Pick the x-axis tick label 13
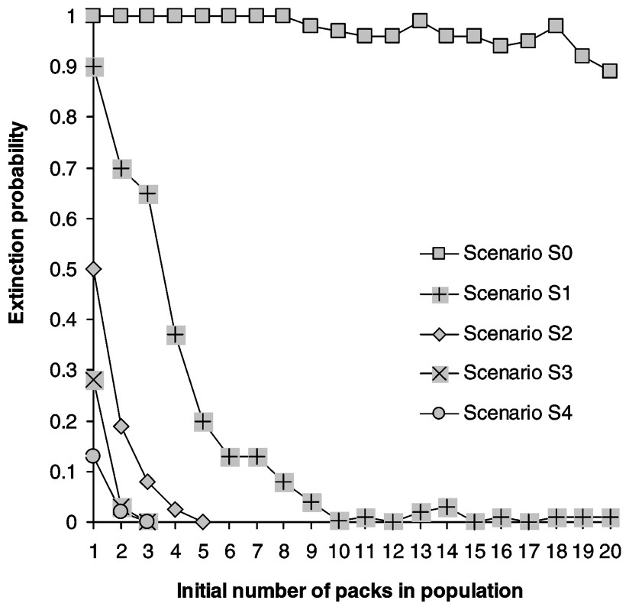tap(419, 547)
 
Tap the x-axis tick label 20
tap(609, 547)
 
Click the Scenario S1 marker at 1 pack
tap(94, 67)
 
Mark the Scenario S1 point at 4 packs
tap(176, 335)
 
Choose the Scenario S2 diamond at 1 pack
tap(94, 269)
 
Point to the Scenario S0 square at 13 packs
tap(419, 21)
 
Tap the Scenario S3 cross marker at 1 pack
tap(94, 380)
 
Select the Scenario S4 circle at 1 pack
tap(94, 456)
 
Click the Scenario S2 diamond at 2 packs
tap(121, 426)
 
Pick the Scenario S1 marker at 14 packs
tap(447, 507)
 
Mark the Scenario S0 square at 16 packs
tap(501, 46)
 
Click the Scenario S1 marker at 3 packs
tap(148, 193)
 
